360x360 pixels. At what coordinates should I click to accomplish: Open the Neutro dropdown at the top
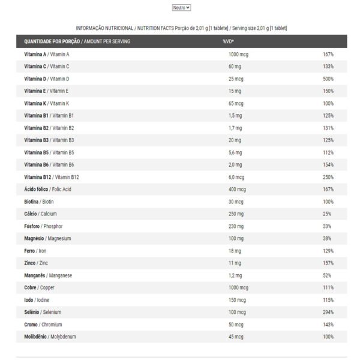181,8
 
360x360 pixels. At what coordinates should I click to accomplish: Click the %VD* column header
228,41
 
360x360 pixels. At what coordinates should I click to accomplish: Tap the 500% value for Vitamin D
328,79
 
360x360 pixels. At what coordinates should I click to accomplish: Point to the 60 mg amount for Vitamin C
234,67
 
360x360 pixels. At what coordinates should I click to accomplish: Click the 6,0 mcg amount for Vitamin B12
236,177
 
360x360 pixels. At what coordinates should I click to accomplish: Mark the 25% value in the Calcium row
328,214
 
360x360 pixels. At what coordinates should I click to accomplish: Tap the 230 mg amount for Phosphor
236,226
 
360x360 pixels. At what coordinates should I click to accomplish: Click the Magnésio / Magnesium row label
47,238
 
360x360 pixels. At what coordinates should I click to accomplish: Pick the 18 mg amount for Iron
234,251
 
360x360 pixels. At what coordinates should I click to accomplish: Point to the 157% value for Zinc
328,263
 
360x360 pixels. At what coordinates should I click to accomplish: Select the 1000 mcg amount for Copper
238,287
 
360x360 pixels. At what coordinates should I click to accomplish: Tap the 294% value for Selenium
328,312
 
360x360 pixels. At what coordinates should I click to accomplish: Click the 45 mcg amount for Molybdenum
236,337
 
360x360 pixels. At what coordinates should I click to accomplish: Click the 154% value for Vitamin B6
328,164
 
